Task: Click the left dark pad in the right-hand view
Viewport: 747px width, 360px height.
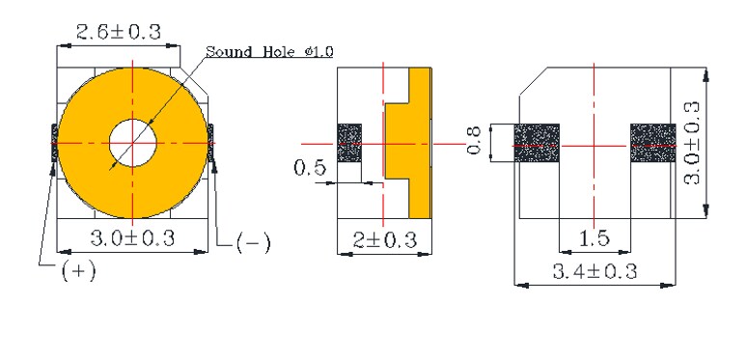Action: click(538, 143)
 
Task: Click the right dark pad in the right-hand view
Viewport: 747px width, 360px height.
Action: click(653, 143)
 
